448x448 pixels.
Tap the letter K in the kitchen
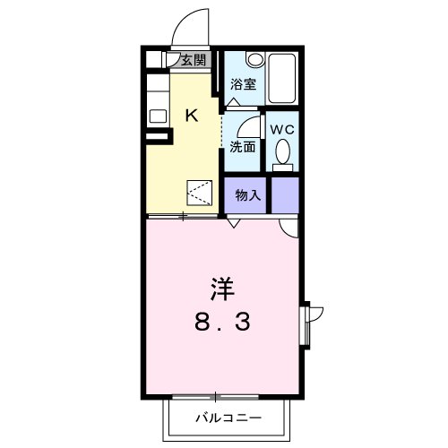pos(192,114)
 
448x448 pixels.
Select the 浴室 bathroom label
pos(243,85)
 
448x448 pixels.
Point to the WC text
pos(283,129)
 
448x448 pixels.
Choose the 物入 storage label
pos(248,195)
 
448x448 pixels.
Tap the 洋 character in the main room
pos(223,289)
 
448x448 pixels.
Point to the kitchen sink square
pos(157,115)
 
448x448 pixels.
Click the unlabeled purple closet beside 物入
pos(285,194)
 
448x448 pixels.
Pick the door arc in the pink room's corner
pos(289,228)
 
